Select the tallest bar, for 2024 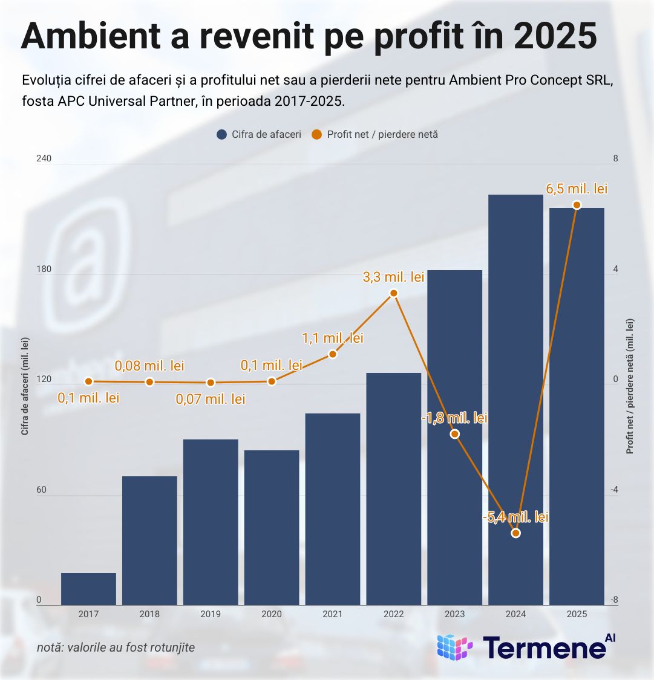pyautogui.click(x=515, y=399)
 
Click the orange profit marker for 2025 pyautogui.click(x=577, y=205)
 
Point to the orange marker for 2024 pyautogui.click(x=515, y=533)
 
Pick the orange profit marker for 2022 pyautogui.click(x=394, y=293)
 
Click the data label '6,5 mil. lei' pyautogui.click(x=577, y=189)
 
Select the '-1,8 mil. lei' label pyautogui.click(x=454, y=418)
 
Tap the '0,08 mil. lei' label pyautogui.click(x=149, y=366)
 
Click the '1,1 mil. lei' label pyautogui.click(x=333, y=338)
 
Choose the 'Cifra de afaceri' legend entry pyautogui.click(x=259, y=134)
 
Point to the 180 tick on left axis pyautogui.click(x=44, y=270)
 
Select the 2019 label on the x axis pyautogui.click(x=211, y=614)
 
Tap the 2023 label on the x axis pyautogui.click(x=454, y=614)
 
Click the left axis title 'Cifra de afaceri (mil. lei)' pyautogui.click(x=25, y=387)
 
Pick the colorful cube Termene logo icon pyautogui.click(x=454, y=647)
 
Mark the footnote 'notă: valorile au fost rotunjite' pyautogui.click(x=116, y=647)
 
